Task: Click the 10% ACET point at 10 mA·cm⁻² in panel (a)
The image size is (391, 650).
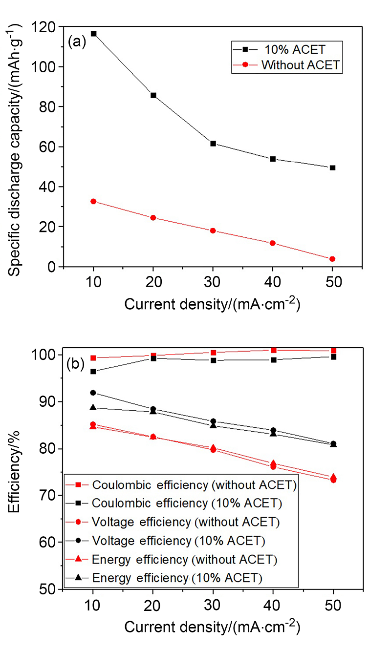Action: tap(93, 34)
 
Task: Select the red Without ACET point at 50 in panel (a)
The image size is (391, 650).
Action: tap(332, 259)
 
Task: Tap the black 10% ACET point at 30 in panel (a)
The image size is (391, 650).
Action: tap(213, 144)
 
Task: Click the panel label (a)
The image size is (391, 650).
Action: tap(77, 42)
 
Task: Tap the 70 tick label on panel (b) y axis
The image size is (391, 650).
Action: tap(48, 496)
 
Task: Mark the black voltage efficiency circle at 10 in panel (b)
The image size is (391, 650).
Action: tap(93, 393)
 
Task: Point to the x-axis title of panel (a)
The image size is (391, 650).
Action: tap(212, 304)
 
